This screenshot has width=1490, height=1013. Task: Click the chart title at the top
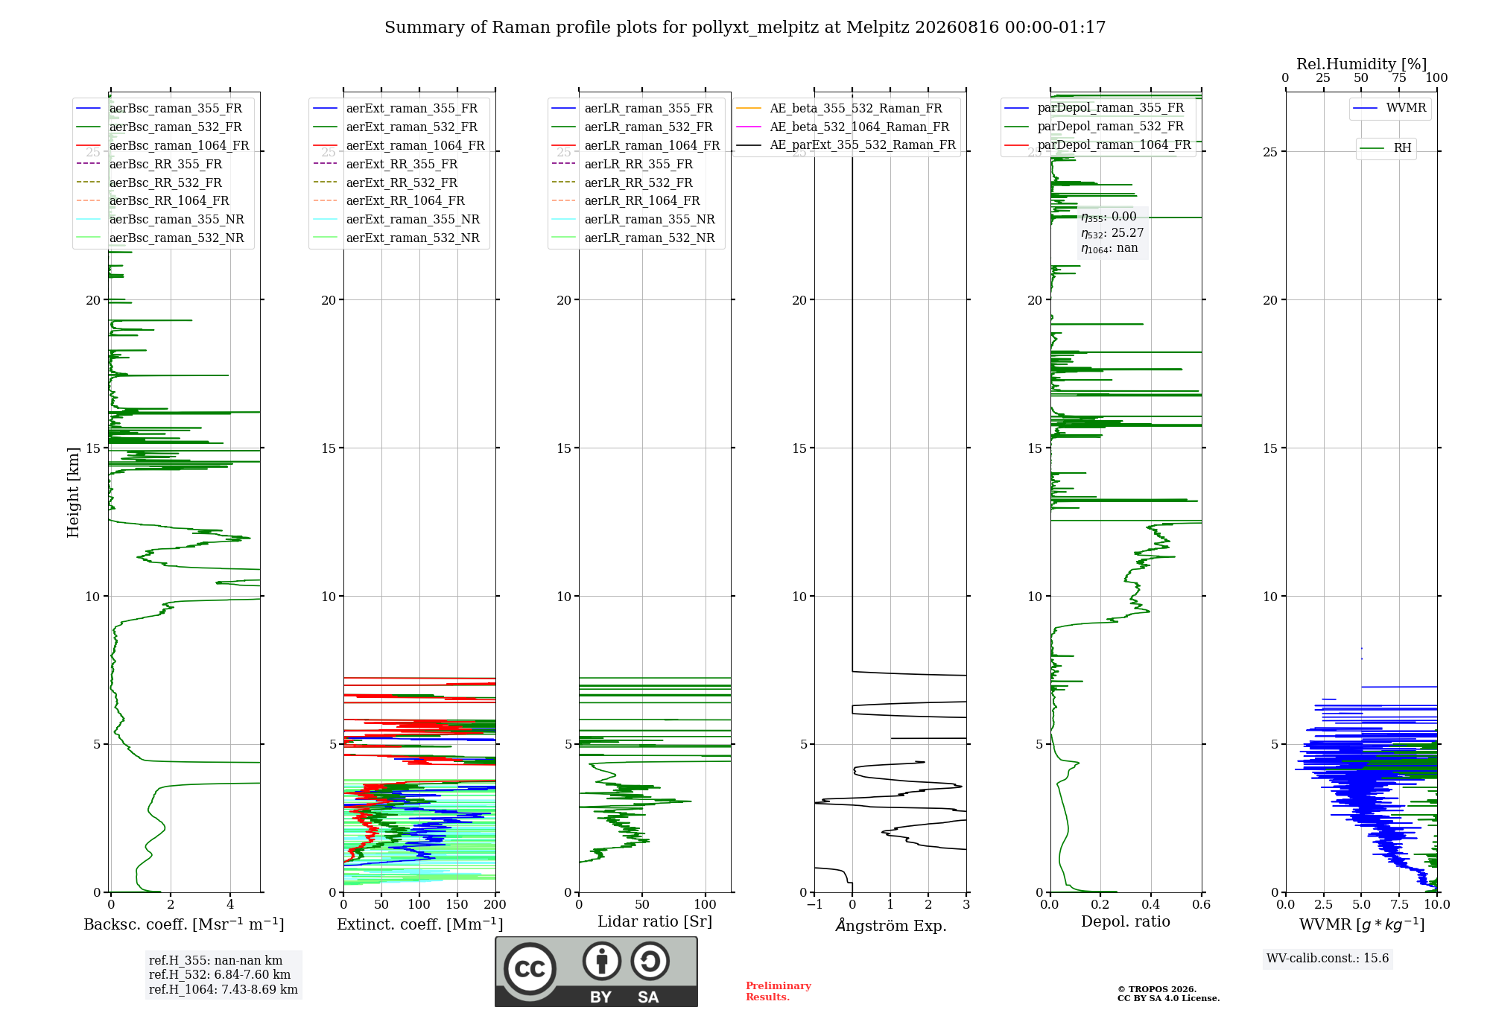point(745,28)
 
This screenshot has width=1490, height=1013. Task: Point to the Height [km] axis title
point(73,492)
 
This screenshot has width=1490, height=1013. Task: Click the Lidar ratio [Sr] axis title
point(655,922)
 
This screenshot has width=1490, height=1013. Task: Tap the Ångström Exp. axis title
point(891,925)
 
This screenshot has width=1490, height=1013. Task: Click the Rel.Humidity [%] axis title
point(1362,64)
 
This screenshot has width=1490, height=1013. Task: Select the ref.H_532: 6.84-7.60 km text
point(220,975)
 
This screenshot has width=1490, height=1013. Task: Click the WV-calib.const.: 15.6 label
point(1328,959)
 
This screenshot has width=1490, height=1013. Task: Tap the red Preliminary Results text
point(779,991)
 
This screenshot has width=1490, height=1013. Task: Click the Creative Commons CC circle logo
point(530,969)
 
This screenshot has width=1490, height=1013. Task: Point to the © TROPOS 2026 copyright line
point(1157,990)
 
